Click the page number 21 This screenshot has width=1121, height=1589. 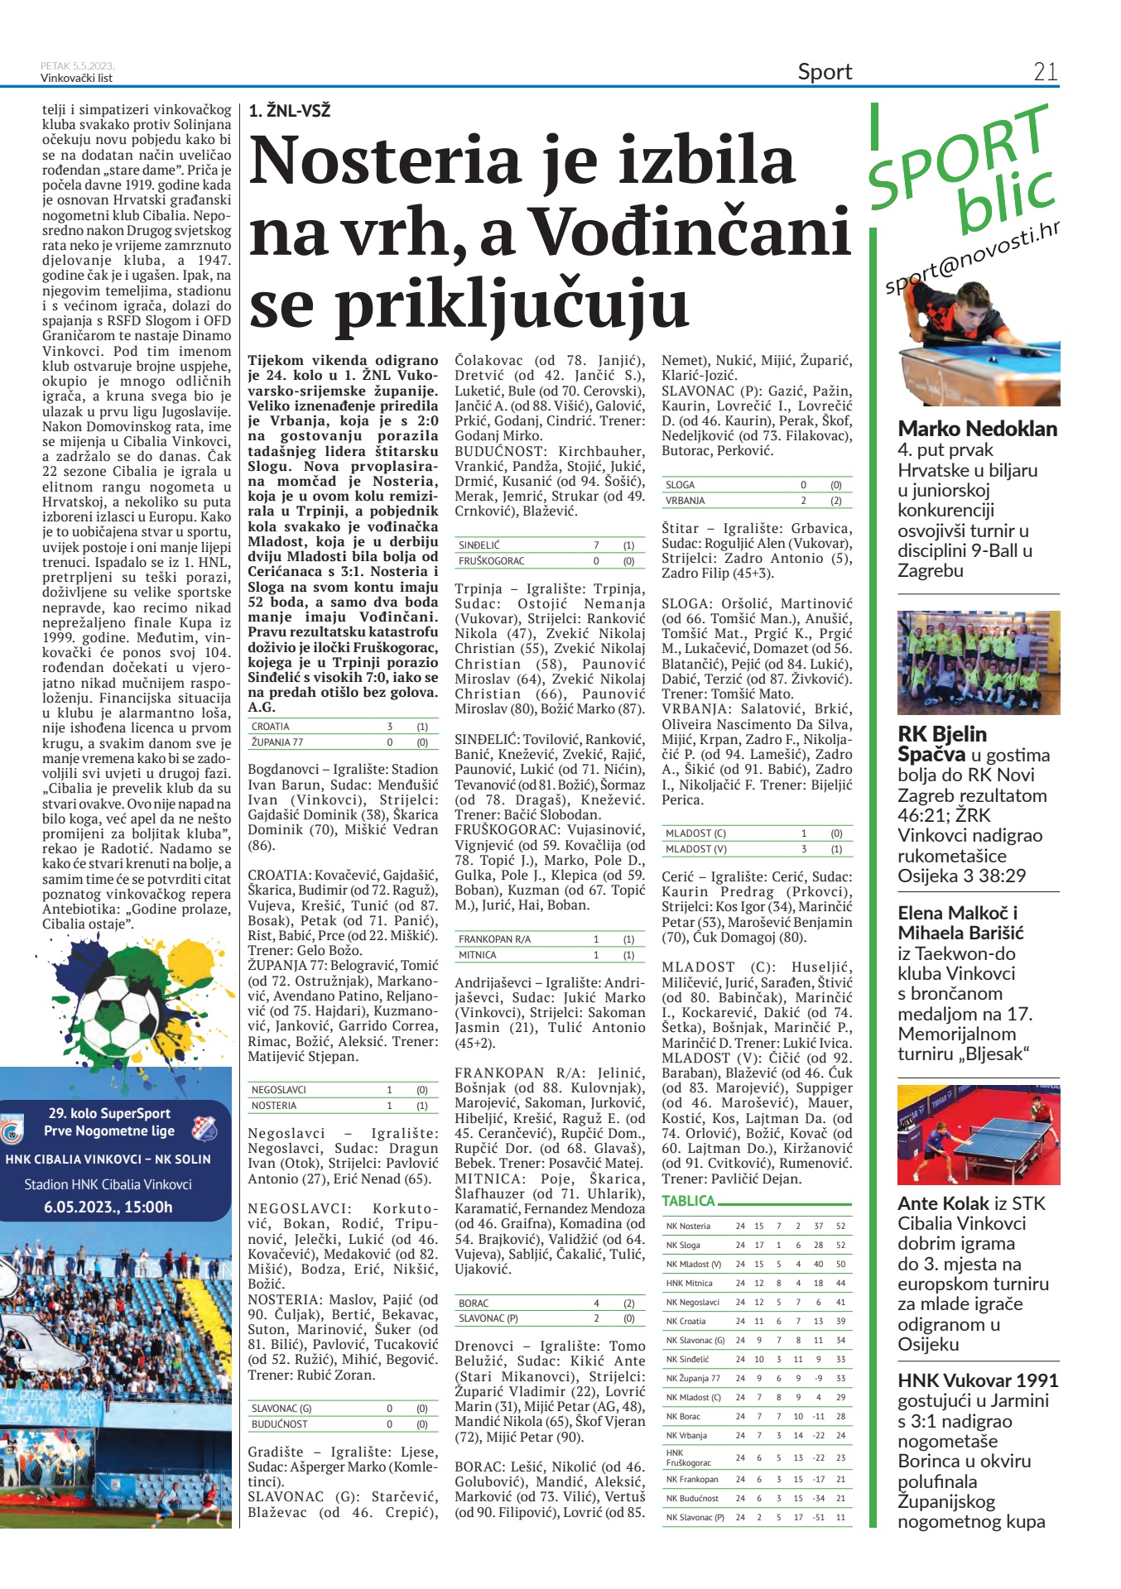1045,72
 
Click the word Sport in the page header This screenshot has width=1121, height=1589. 825,72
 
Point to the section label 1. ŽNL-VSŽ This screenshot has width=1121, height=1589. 289,111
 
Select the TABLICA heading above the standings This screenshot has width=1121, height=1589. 688,1201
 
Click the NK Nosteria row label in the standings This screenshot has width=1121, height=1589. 688,1226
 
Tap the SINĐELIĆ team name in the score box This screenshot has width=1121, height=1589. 479,545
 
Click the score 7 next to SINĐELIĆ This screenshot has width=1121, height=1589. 596,545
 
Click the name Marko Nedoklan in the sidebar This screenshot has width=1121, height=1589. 977,429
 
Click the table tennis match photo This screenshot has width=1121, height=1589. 978,1135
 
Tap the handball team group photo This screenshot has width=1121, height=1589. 978,662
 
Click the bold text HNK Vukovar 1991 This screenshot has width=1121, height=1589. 978,1380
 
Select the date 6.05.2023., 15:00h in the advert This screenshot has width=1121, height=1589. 108,1207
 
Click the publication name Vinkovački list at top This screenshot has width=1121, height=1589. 76,79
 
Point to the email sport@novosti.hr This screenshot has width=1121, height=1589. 972,259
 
